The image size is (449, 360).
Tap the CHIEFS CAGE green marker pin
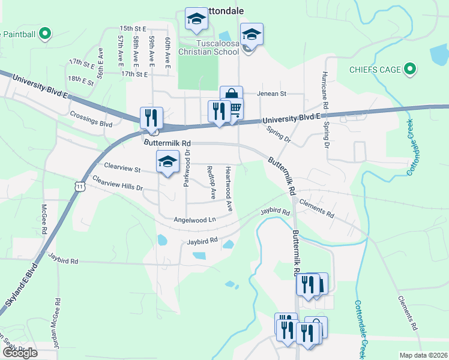click(411, 70)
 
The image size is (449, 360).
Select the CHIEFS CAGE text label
click(375, 70)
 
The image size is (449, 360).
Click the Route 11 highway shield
click(80, 187)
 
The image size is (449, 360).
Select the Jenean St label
click(273, 94)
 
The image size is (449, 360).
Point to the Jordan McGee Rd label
click(59, 327)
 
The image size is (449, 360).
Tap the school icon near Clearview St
click(168, 161)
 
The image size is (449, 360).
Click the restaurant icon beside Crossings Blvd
click(151, 117)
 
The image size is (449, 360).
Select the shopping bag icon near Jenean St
click(231, 96)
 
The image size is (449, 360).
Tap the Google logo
click(20, 352)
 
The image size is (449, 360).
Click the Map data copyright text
click(423, 355)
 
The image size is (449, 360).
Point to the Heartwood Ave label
click(229, 188)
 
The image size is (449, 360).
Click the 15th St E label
click(133, 28)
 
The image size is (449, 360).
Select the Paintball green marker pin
click(44, 34)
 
